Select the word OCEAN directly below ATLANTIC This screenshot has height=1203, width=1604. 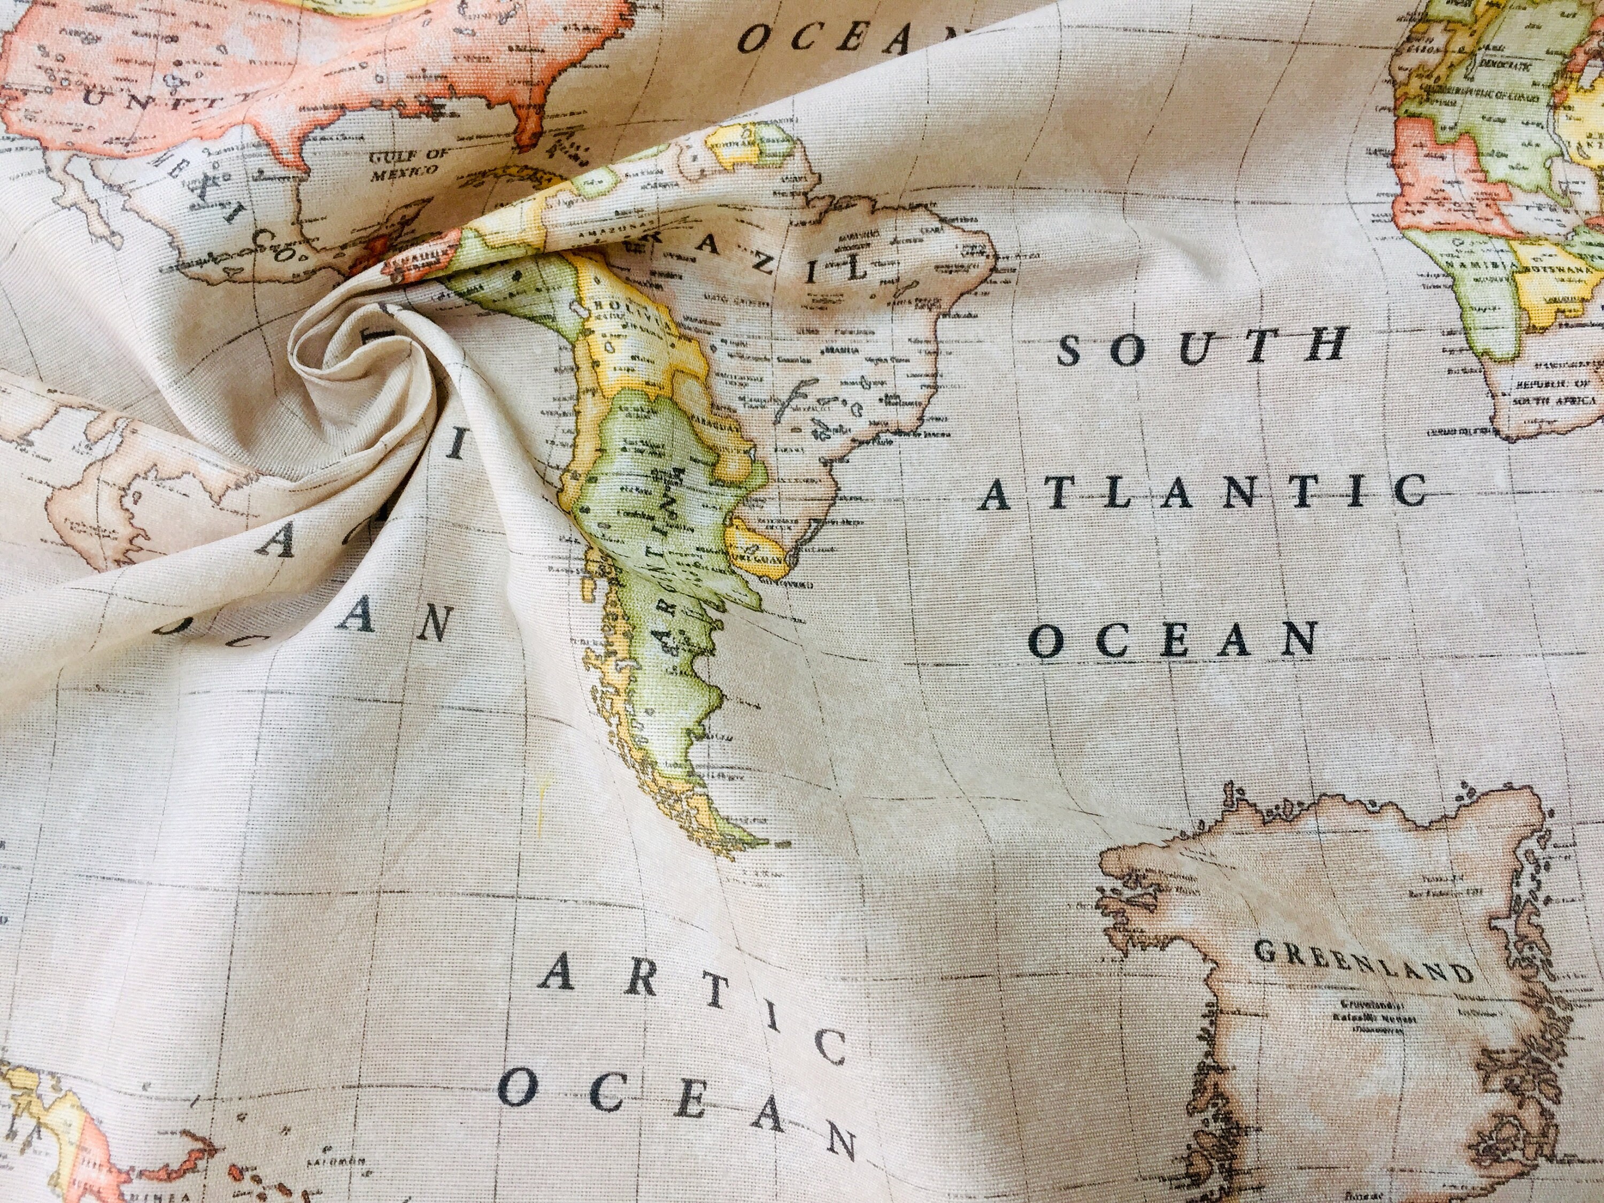(1173, 639)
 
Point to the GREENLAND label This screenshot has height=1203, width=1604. (1363, 961)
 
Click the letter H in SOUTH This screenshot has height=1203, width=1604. (1327, 345)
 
